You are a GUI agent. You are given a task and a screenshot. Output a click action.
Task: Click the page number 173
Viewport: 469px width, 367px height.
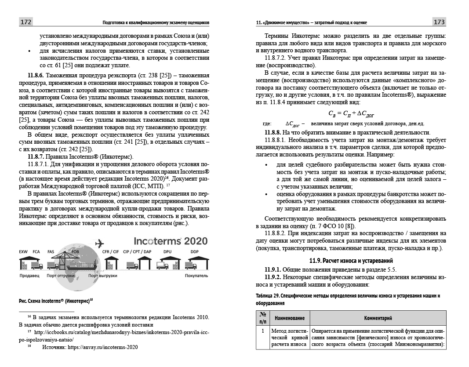[x=439, y=22]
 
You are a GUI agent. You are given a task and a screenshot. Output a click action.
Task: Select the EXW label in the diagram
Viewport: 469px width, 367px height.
[x=24, y=252]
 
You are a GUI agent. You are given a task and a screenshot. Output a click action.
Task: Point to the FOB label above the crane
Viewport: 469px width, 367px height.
[x=75, y=252]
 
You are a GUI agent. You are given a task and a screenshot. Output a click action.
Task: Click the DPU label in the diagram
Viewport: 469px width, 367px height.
[x=167, y=252]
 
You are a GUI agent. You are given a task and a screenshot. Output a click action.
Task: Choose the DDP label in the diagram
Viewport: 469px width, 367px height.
[x=194, y=252]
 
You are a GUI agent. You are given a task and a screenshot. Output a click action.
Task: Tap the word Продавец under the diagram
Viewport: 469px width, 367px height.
[x=29, y=276]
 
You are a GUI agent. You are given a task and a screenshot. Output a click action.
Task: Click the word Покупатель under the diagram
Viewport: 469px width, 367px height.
[x=196, y=276]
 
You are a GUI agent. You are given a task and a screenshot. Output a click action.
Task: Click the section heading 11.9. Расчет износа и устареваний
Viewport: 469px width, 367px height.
[x=351, y=260]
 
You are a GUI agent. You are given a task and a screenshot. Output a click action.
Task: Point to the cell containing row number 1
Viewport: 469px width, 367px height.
[x=262, y=330]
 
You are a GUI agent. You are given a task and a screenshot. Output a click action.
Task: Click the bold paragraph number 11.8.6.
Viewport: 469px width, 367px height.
[x=38, y=75]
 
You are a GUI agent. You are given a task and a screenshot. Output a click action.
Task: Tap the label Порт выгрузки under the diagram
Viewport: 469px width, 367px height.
[x=102, y=276]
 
